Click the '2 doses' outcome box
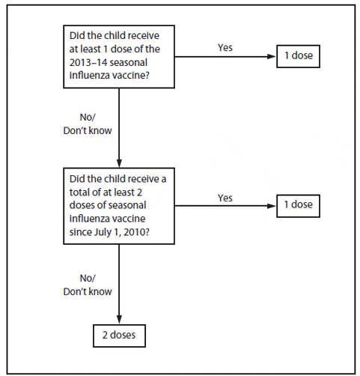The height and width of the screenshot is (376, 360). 119,336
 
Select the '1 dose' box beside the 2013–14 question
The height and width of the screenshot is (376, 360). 298,56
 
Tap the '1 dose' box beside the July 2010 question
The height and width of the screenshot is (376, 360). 298,206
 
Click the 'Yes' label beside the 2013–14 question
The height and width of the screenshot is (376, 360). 225,48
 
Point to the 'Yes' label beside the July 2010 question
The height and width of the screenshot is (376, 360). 225,198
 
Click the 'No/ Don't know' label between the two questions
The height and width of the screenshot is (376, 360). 88,124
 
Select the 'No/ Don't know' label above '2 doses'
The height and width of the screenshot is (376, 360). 88,285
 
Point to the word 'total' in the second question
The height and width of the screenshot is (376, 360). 79,192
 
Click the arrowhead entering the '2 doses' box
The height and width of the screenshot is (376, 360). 119,320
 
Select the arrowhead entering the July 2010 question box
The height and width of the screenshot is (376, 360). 119,163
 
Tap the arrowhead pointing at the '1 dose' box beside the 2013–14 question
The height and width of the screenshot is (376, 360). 272,56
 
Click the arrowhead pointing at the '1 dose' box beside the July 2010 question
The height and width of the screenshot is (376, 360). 272,206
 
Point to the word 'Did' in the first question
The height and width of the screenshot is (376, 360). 76,35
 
